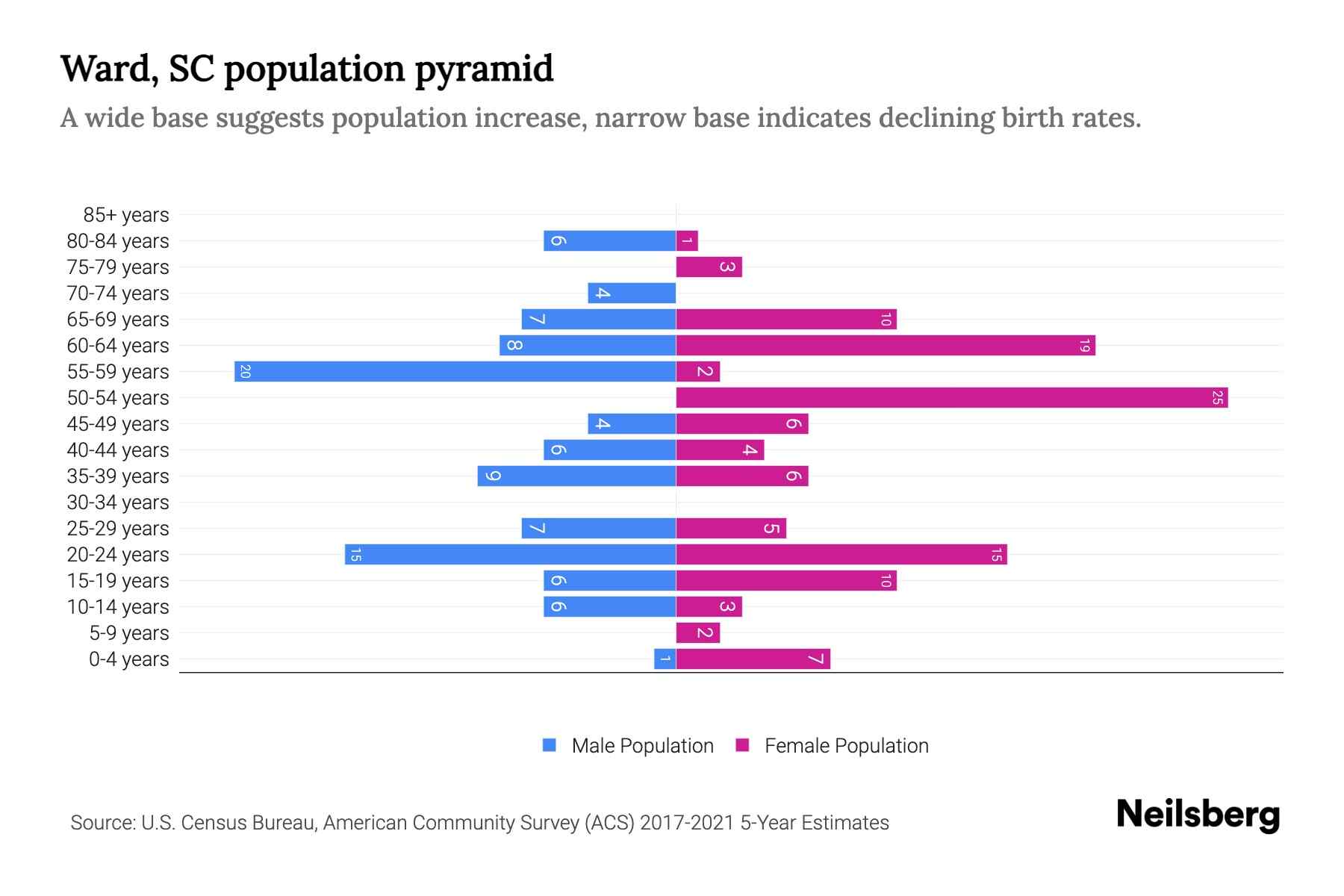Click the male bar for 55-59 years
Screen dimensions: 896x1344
pyautogui.click(x=455, y=371)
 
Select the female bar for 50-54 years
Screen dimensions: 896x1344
pyautogui.click(x=951, y=397)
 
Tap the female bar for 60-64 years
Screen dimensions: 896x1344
pyautogui.click(x=885, y=345)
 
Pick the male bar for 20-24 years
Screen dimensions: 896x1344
pyautogui.click(x=510, y=554)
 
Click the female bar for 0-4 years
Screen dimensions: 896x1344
pyautogui.click(x=753, y=659)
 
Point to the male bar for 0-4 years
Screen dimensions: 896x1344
pyautogui.click(x=665, y=659)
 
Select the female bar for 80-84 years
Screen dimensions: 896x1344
pyautogui.click(x=687, y=240)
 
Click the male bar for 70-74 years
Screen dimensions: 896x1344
pyautogui.click(x=632, y=293)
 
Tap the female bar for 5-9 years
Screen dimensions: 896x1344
pyautogui.click(x=697, y=632)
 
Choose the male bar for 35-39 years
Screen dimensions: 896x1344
pyautogui.click(x=576, y=476)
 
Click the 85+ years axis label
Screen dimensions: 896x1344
pyautogui.click(x=125, y=215)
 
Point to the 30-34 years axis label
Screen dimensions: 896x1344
pyautogui.click(x=118, y=503)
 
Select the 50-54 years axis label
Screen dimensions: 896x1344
pyautogui.click(x=118, y=398)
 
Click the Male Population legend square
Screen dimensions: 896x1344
pyautogui.click(x=550, y=745)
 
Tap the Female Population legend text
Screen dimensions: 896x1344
pyautogui.click(x=846, y=746)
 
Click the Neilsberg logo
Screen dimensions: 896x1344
pyautogui.click(x=1198, y=815)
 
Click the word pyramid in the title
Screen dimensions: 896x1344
pyautogui.click(x=484, y=69)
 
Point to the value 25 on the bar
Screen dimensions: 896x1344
pyautogui.click(x=1217, y=398)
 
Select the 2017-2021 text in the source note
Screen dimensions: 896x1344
pyautogui.click(x=686, y=823)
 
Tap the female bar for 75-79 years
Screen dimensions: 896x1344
pyautogui.click(x=709, y=267)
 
